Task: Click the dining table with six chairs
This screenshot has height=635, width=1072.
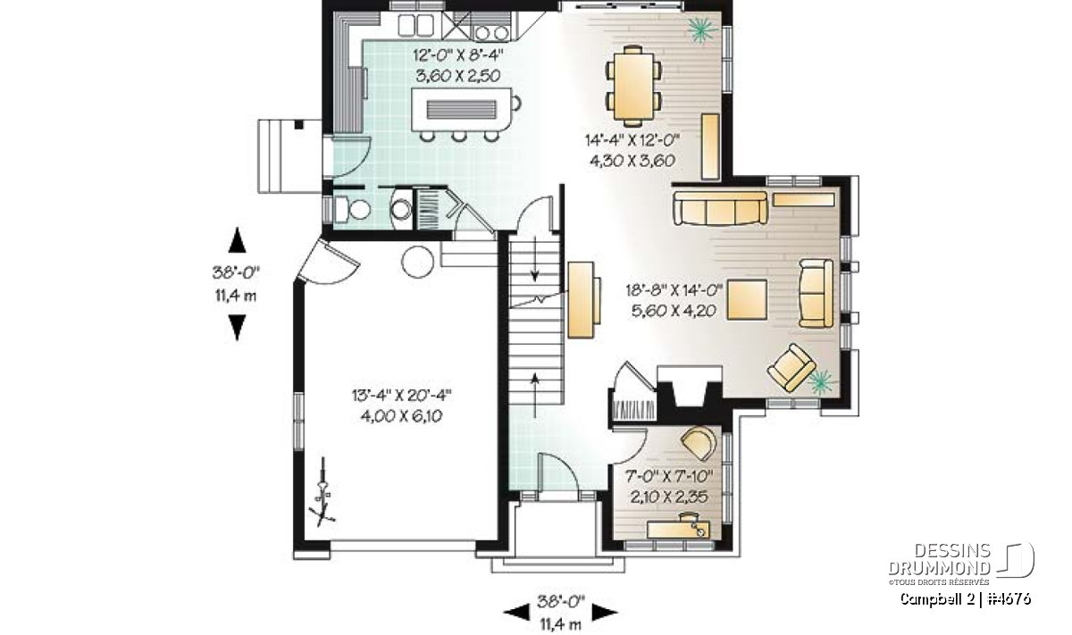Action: pyautogui.click(x=633, y=86)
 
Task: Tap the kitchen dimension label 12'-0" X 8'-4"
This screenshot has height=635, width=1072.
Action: pyautogui.click(x=458, y=55)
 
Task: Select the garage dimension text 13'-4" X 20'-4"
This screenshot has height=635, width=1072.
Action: pyautogui.click(x=401, y=396)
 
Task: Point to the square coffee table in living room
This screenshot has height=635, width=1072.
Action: pyautogui.click(x=747, y=300)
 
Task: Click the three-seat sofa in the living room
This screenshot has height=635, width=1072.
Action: pyautogui.click(x=720, y=208)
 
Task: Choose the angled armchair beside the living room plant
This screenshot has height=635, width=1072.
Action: pyautogui.click(x=791, y=368)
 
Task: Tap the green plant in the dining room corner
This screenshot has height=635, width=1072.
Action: pyautogui.click(x=702, y=29)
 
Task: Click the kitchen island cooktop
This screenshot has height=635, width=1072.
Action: pyautogui.click(x=461, y=110)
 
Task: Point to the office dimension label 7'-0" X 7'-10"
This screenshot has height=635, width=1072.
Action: pyautogui.click(x=669, y=476)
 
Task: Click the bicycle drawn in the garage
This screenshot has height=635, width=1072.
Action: pyautogui.click(x=322, y=493)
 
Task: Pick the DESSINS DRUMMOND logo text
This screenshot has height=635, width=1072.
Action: pyautogui.click(x=940, y=559)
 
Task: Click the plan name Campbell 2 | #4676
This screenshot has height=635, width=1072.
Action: pyautogui.click(x=966, y=598)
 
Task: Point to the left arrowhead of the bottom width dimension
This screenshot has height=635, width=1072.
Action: pyautogui.click(x=516, y=612)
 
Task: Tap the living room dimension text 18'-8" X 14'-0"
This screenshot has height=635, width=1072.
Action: pyautogui.click(x=674, y=289)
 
